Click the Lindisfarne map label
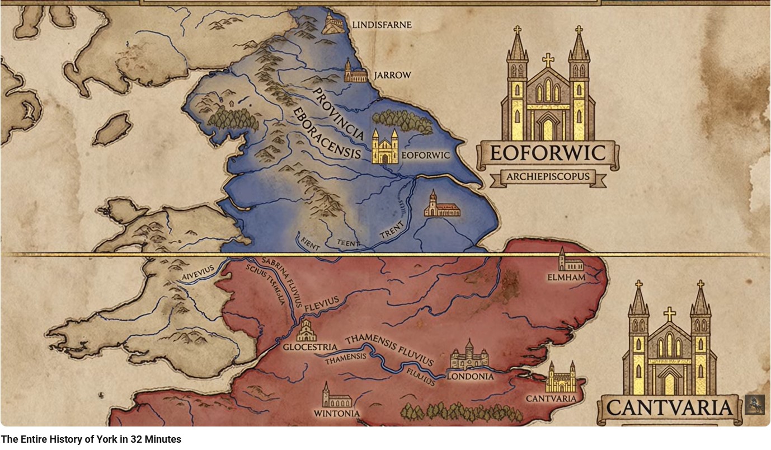point(382,25)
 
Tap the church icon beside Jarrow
point(355,71)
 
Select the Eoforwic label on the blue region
point(425,155)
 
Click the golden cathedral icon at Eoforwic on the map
point(385,147)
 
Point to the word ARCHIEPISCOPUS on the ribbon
point(548,177)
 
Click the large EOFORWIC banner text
point(548,152)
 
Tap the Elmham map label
point(567,277)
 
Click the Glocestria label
point(309,347)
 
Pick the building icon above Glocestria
point(306,331)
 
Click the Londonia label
point(470,377)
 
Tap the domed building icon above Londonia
point(469,355)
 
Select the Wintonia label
point(336,414)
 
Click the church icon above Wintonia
point(336,396)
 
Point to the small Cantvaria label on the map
point(551,399)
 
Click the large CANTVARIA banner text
point(669,407)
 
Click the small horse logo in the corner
point(754,404)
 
